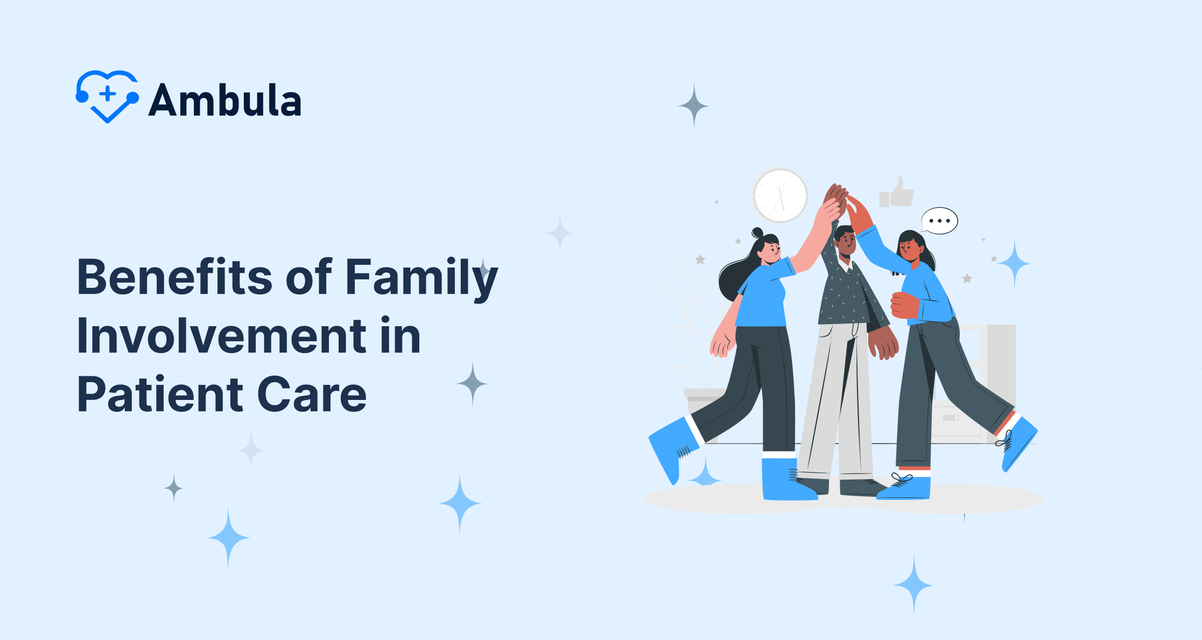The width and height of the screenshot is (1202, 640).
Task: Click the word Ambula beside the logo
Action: pyautogui.click(x=225, y=100)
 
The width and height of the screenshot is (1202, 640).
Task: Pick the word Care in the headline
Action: pyautogui.click(x=312, y=395)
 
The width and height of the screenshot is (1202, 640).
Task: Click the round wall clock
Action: pyautogui.click(x=780, y=195)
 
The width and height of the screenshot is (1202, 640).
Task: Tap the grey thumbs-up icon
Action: pyautogui.click(x=897, y=193)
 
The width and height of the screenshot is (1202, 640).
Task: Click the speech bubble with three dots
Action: pyautogui.click(x=940, y=221)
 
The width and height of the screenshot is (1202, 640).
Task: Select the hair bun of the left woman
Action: pyautogui.click(x=757, y=233)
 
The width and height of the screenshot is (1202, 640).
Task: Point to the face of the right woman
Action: pyautogui.click(x=909, y=249)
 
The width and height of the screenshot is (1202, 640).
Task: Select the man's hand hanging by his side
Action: pyautogui.click(x=883, y=343)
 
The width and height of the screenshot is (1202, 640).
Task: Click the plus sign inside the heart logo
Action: pyautogui.click(x=108, y=93)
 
